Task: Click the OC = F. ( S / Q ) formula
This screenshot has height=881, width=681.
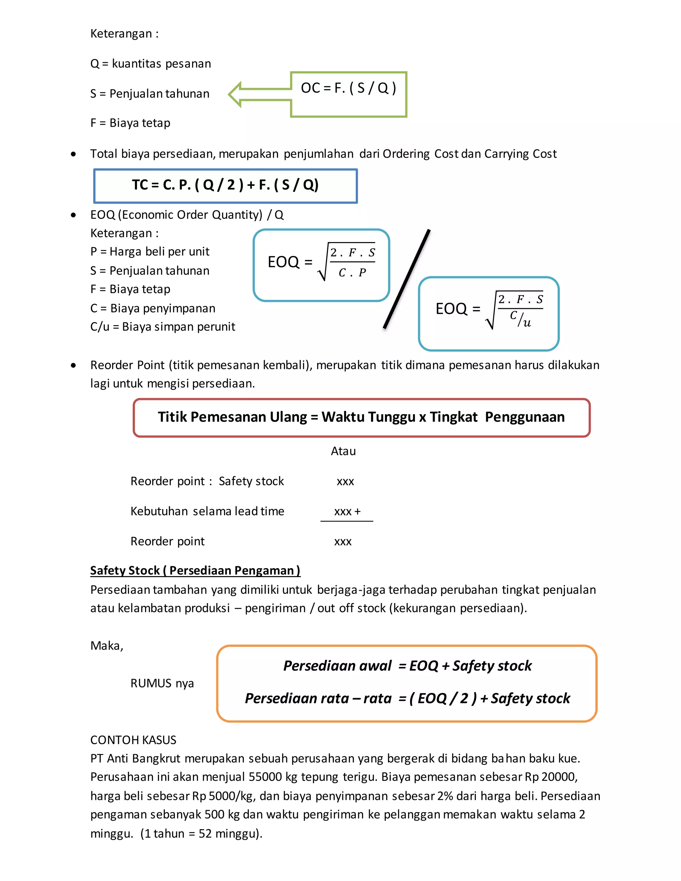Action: pos(348,88)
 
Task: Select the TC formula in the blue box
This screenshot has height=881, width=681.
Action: pos(225,185)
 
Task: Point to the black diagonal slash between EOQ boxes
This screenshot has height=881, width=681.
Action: pos(407,279)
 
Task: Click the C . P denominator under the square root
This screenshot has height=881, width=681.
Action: pos(352,273)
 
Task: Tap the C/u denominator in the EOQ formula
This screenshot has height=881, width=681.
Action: pos(520,319)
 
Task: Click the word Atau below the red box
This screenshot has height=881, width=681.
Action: pos(343,451)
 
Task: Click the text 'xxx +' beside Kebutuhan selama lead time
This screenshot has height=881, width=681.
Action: pos(347,512)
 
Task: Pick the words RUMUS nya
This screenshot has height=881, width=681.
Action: pos(162,683)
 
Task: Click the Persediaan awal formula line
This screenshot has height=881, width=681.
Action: pos(407,666)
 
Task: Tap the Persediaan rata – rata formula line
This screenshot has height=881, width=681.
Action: pos(407,698)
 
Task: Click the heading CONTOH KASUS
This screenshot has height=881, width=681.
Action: pos(133,740)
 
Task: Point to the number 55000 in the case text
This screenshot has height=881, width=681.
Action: pos(265,777)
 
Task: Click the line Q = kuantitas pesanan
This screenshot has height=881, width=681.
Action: pos(151,64)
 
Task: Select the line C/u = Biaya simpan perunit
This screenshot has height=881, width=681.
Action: pos(163,326)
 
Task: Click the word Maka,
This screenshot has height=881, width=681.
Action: pos(106,646)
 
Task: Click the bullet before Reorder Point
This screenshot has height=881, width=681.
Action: pos(73,365)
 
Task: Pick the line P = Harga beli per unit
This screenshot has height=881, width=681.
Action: pos(150,251)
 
